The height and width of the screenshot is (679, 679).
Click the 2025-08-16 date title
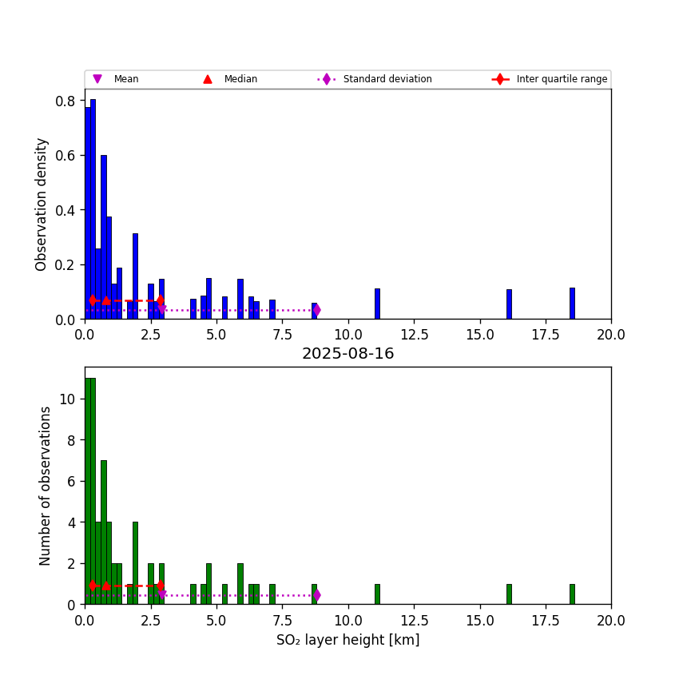347,354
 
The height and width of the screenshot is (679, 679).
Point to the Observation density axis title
42,204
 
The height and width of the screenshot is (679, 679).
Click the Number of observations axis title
46,486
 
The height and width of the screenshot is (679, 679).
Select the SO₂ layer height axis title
347,640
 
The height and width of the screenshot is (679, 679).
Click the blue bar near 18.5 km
572,304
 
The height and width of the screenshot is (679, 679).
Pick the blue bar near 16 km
509,304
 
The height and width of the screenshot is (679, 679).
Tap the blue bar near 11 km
377,304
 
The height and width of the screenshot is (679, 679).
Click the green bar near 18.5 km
572,594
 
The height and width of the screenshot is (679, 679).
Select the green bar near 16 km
509,594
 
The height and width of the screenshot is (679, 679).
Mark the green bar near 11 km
377,594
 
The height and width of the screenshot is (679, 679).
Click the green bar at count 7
104,532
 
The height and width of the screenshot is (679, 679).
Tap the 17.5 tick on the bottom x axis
546,620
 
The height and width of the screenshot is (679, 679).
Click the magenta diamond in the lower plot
316,595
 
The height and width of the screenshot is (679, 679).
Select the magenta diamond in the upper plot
316,309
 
